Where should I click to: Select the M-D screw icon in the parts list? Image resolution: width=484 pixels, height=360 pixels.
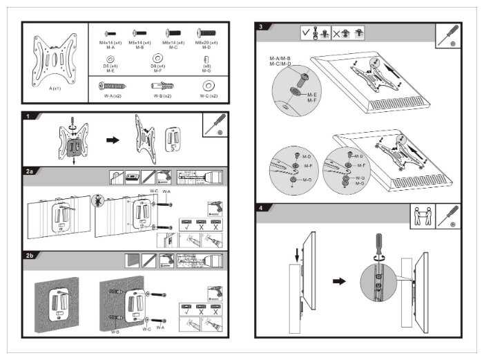point(206,32)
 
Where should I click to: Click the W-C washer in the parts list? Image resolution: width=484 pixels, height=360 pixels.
point(206,85)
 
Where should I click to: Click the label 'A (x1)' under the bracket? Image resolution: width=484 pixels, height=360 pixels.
point(55,88)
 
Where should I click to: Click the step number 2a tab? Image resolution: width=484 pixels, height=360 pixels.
point(30,169)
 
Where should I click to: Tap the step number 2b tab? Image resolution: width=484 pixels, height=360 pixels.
point(30,256)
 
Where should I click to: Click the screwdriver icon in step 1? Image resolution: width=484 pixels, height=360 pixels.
point(216,124)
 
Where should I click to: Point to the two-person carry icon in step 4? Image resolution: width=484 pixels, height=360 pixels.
point(423,216)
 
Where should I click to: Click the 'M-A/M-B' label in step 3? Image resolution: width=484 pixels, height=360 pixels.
point(280,59)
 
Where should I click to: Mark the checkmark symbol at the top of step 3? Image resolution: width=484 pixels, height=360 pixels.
point(306,32)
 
